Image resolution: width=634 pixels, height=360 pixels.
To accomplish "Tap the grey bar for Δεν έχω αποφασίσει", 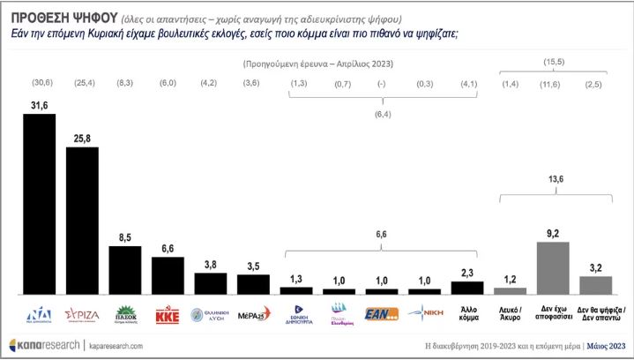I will coord(553,267).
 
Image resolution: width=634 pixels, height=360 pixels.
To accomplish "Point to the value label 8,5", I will coord(124,237).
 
